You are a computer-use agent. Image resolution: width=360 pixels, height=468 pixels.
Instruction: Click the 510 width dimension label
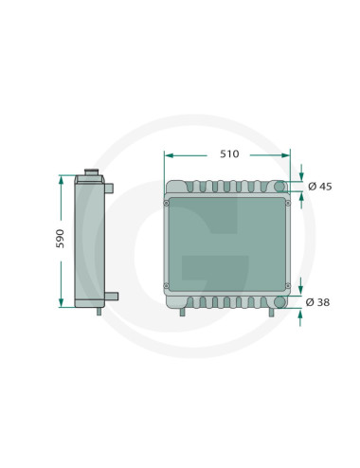point(229,154)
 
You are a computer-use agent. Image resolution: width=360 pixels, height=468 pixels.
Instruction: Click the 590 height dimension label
point(60,239)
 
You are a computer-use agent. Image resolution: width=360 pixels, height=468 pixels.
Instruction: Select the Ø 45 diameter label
point(320,187)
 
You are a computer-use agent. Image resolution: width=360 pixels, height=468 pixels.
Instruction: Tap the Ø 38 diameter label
point(317,302)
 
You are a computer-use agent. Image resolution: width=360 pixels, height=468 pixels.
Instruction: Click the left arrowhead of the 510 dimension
point(169,155)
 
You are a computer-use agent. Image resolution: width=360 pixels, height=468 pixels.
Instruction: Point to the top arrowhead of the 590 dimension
point(61,180)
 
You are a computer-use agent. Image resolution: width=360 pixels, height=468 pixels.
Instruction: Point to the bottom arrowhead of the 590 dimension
point(61,302)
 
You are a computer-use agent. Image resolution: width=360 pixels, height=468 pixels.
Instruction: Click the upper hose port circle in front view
point(279,187)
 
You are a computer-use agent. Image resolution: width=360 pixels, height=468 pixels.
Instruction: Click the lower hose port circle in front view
point(279,302)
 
